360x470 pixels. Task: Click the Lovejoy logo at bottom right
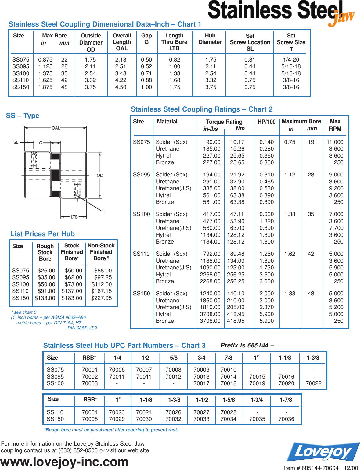tap(323, 452)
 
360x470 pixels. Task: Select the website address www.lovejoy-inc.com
tap(64, 462)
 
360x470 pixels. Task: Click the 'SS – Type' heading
tap(23, 116)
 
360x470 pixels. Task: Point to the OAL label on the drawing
tap(56, 128)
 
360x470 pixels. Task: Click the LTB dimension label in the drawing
tap(74, 217)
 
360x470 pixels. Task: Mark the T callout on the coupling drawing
tap(103, 211)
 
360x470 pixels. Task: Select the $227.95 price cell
tap(101, 298)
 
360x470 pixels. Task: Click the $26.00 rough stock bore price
tap(46, 271)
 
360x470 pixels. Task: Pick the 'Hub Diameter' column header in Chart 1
tap(210, 39)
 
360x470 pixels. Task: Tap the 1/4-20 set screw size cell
tap(291, 60)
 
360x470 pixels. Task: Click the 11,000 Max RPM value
tap(335, 142)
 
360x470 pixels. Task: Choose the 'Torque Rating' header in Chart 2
tap(224, 122)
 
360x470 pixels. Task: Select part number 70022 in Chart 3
tap(313, 383)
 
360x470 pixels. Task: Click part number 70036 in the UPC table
tap(286, 419)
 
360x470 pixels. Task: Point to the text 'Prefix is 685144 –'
tap(247, 345)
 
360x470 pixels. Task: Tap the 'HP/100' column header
tap(266, 122)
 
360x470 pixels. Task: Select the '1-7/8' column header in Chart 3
tap(286, 400)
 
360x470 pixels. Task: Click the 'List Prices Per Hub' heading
tap(42, 234)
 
